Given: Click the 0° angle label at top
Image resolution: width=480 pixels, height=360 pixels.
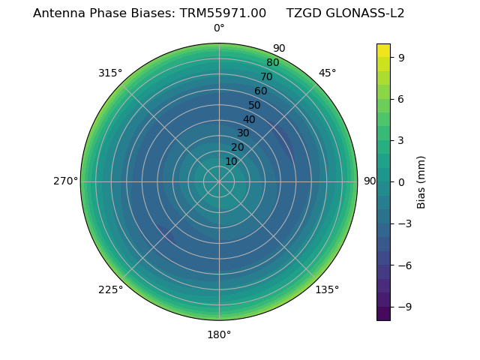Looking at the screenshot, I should (x=219, y=28).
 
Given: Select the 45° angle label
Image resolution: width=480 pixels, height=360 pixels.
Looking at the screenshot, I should (x=327, y=73).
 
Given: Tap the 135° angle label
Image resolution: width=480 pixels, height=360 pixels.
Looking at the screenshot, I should (x=327, y=289).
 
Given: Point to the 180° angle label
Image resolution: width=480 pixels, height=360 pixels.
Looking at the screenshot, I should (x=219, y=334).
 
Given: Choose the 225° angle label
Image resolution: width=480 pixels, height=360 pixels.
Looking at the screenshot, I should (x=110, y=289).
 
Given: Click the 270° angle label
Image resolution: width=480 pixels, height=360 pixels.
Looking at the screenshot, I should (x=65, y=181).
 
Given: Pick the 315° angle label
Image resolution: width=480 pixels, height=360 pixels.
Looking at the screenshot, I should (x=110, y=73).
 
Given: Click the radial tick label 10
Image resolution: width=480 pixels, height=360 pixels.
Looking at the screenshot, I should (x=231, y=161).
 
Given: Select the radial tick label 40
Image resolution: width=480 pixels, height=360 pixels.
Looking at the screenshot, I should (x=249, y=119).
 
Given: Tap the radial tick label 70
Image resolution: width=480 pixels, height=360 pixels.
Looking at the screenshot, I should (x=266, y=76).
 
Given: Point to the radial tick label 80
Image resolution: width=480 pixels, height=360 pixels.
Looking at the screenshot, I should (x=272, y=63).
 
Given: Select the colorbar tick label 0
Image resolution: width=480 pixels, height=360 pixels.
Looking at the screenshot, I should (x=402, y=182).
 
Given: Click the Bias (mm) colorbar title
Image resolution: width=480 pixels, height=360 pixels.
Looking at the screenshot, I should (x=421, y=182).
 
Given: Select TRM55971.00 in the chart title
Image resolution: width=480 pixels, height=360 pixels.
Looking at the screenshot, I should (x=223, y=13).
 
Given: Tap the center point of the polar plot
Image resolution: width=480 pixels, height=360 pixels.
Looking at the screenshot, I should (x=219, y=181).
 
